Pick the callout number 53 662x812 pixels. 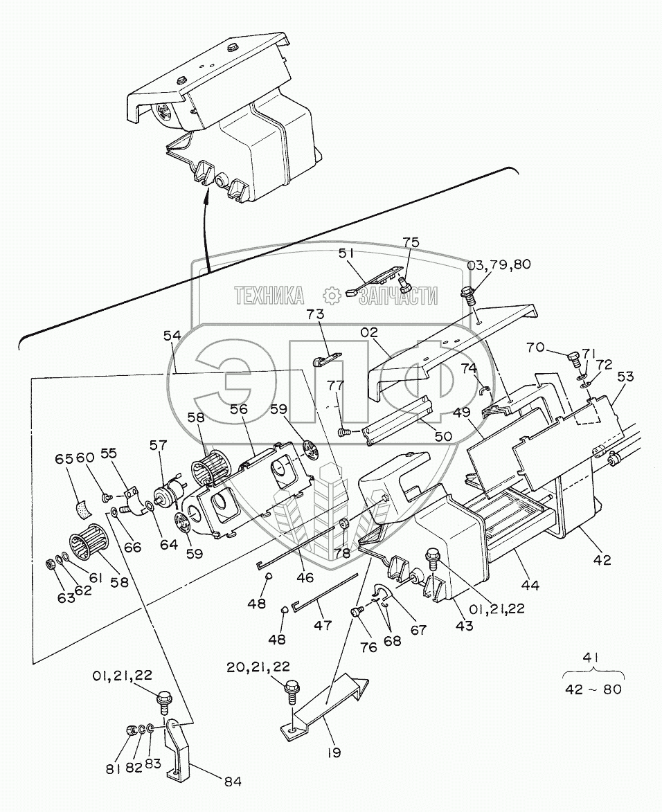pos(625,377)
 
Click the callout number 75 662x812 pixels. pos(411,242)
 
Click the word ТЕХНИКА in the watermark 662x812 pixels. pos(269,296)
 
